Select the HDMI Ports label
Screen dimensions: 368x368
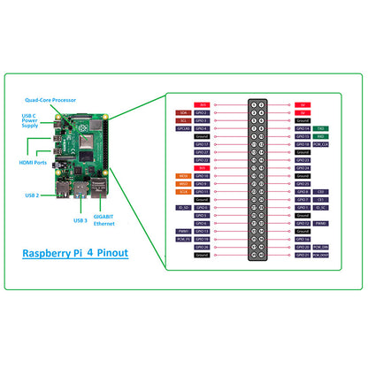[x=33, y=163]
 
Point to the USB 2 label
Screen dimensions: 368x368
[x=31, y=195]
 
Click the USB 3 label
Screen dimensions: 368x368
[x=80, y=220]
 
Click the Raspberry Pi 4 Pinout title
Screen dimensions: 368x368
[x=75, y=252]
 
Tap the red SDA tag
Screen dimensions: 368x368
[x=183, y=113]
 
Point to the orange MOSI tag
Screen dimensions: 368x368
[x=183, y=176]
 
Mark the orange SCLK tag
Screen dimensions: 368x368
[x=183, y=191]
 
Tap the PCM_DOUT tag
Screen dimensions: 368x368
[x=322, y=254]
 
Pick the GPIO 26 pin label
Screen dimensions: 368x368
[x=202, y=247]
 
